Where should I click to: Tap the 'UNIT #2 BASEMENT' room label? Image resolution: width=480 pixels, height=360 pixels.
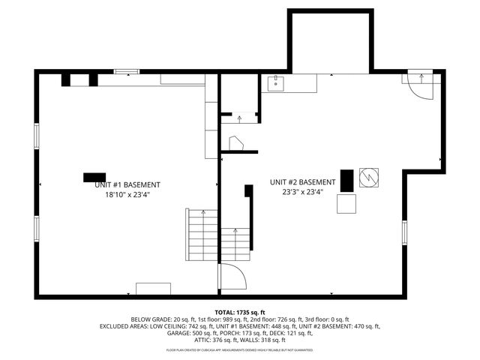303,182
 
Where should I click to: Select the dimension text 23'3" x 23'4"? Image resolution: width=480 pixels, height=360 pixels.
303,191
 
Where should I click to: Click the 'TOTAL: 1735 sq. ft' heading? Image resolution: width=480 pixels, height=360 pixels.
240,311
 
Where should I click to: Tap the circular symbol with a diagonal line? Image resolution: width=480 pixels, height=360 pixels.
369,176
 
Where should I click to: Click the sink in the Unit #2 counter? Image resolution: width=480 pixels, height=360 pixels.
276,82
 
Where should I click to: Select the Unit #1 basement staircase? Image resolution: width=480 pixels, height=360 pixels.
202,234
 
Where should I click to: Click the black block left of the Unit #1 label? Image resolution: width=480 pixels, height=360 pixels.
94,177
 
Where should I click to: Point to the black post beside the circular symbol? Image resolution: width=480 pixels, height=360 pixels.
346,181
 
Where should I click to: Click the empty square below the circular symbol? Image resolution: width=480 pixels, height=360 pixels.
346,204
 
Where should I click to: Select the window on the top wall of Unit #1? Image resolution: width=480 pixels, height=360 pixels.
127,72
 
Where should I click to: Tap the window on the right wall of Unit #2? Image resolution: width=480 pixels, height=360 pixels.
403,232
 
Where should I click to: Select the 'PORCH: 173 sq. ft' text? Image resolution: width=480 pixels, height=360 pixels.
241,333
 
